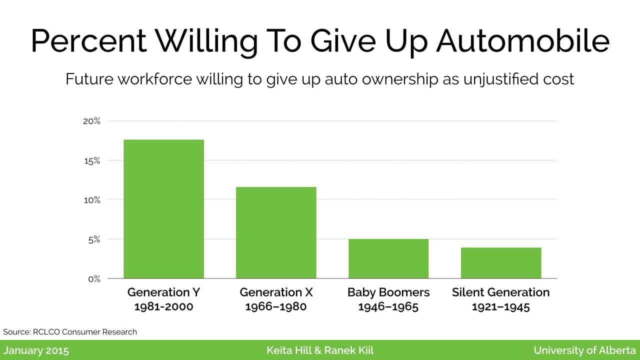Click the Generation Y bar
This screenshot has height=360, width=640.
[x=163, y=209]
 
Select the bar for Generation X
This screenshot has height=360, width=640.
[x=276, y=232]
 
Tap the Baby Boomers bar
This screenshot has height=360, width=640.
[x=388, y=258]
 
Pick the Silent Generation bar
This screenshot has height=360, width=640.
[x=501, y=263]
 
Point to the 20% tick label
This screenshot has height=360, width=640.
[x=91, y=121]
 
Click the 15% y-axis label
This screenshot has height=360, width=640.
[x=92, y=161]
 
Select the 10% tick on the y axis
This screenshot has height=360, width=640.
[x=92, y=200]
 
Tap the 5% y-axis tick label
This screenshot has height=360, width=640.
[x=94, y=239]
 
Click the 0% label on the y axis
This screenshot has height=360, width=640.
[x=94, y=279]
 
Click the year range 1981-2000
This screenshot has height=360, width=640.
[x=163, y=306]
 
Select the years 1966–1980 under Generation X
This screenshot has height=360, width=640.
[x=276, y=306]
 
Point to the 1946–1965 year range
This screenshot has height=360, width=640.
[x=388, y=306]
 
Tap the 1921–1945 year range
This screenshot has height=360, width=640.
[x=501, y=306]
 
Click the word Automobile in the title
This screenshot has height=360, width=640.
[x=522, y=41]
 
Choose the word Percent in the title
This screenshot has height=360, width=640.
[x=88, y=41]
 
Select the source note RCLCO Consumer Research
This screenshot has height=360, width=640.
[x=85, y=331]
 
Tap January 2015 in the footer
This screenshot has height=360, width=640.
[x=36, y=350]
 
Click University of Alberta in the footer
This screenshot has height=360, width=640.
[x=584, y=350]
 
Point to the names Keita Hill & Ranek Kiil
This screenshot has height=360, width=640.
[x=320, y=350]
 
